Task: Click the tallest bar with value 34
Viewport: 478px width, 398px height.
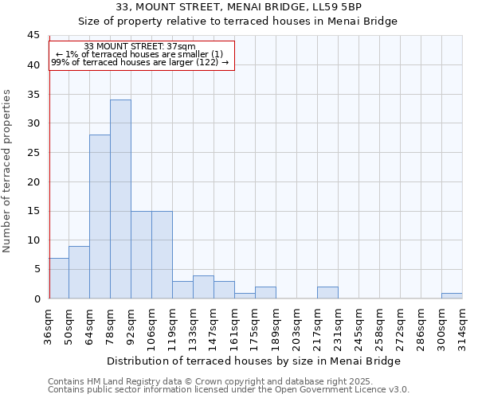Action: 120,199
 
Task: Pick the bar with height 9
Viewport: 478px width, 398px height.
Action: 79,272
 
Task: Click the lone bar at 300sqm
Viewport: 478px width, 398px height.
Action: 452,295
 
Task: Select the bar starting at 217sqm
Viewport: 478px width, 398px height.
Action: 327,292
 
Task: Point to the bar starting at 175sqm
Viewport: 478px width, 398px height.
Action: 265,292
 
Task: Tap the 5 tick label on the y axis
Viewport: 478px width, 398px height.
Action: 36,269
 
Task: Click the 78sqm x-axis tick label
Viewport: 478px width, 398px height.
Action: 111,323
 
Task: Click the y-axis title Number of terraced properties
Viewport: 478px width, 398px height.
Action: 8,170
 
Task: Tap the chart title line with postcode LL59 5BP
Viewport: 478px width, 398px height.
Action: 239,7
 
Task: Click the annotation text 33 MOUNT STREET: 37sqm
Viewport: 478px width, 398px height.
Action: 139,47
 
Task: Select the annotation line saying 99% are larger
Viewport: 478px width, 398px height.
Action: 140,62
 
